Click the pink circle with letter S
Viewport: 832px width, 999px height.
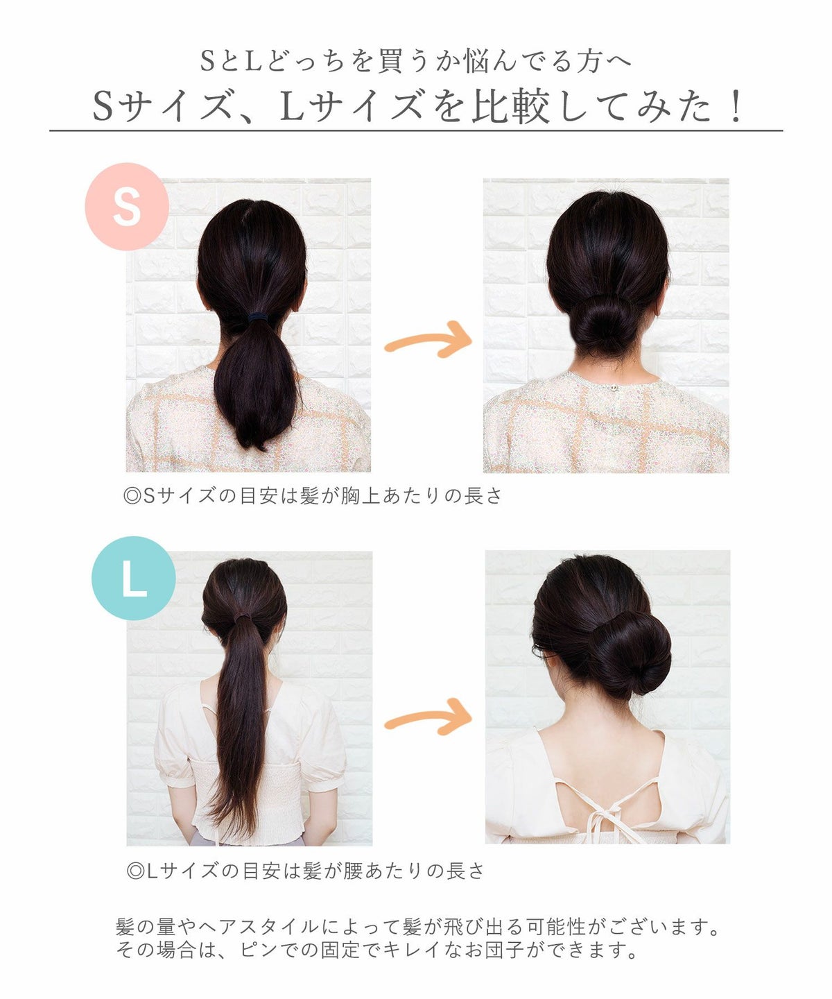127,206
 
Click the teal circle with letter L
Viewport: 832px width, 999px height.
134,578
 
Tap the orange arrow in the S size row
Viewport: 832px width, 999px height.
428,340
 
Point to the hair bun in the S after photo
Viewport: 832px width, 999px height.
605,325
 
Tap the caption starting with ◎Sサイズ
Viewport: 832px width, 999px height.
312,496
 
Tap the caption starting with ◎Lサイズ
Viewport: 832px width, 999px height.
305,871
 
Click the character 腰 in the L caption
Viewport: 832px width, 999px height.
353,871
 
